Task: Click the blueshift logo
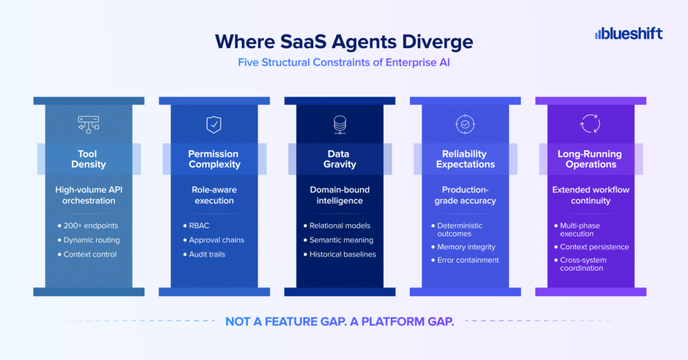point(628,34)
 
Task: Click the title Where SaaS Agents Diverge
point(344,42)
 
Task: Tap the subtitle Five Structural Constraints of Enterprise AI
point(344,62)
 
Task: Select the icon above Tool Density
point(89,124)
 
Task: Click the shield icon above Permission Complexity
point(214,124)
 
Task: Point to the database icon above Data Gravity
point(339,124)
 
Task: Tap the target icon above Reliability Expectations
point(465,124)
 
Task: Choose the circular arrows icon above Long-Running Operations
point(590,124)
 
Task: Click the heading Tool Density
point(88,159)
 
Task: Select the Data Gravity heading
point(339,159)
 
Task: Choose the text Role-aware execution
point(214,195)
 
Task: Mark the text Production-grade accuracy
point(465,195)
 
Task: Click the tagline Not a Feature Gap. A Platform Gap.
point(339,322)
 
